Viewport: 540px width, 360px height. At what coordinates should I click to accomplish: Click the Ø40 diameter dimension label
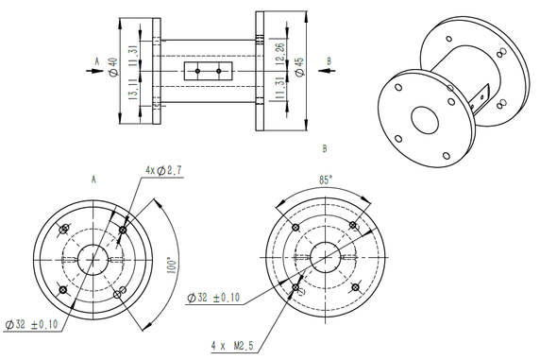click(x=112, y=67)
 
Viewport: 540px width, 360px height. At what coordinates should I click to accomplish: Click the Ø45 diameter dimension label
click(x=299, y=67)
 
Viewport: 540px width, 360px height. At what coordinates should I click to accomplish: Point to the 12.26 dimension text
click(x=279, y=54)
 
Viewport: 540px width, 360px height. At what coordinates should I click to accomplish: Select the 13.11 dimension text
click(x=133, y=89)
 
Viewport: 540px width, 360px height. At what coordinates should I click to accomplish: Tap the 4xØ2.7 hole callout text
click(x=163, y=170)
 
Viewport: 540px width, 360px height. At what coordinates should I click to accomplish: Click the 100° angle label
click(x=172, y=265)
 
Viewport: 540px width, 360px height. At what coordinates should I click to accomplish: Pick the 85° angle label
click(x=326, y=180)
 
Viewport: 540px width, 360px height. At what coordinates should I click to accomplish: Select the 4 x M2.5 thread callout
click(x=232, y=346)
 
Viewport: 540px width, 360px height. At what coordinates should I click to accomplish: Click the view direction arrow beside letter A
click(x=94, y=71)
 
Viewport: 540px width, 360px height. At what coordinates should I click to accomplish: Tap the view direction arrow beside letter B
click(x=327, y=71)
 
